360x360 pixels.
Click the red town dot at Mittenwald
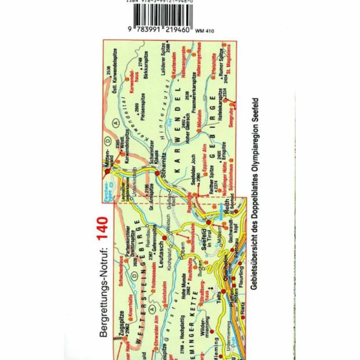point(108,170)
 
